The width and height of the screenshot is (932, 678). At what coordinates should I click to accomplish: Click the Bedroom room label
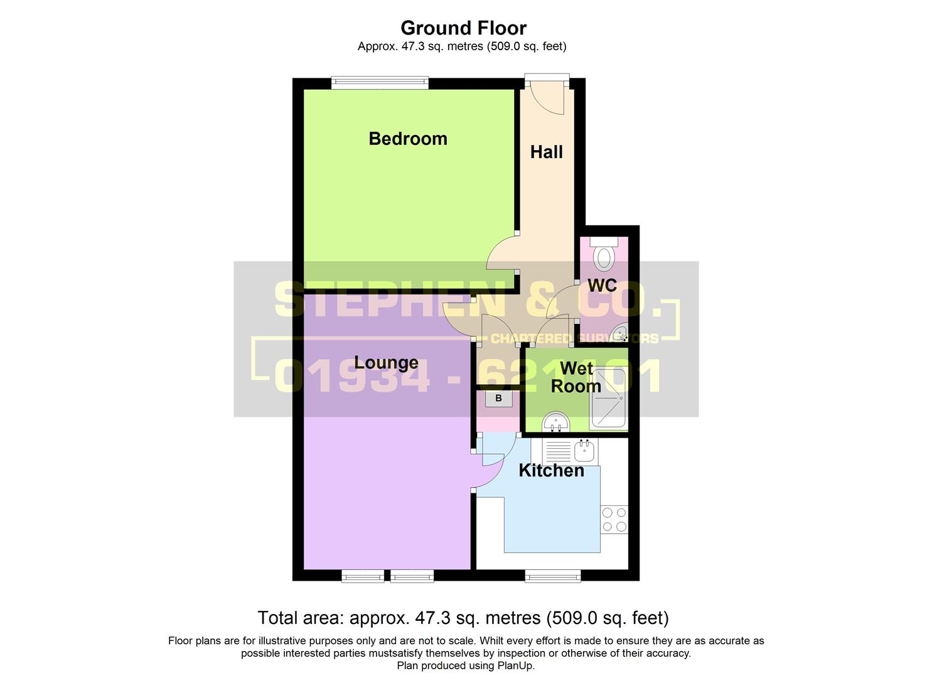pos(408,139)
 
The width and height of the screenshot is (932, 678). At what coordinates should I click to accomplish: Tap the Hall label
pos(546,152)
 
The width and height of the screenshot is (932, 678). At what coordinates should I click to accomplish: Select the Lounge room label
pos(386,363)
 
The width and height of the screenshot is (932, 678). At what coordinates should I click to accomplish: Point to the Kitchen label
pos(551,470)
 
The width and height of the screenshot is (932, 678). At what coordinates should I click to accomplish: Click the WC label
pos(602,286)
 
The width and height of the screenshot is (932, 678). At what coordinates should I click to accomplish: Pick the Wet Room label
pos(576,377)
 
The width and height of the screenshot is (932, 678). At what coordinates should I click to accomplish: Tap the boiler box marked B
pos(498,399)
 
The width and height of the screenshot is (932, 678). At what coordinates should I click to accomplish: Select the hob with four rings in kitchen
pos(614,519)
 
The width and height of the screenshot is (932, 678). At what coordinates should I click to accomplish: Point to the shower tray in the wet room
pos(608,398)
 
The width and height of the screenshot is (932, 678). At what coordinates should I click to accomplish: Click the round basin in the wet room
pos(555,422)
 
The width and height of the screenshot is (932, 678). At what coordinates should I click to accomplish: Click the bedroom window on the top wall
pos(380,81)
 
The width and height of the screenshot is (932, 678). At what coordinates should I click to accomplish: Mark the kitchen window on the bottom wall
pos(552,575)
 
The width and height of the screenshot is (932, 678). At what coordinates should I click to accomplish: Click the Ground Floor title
pos(463,28)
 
